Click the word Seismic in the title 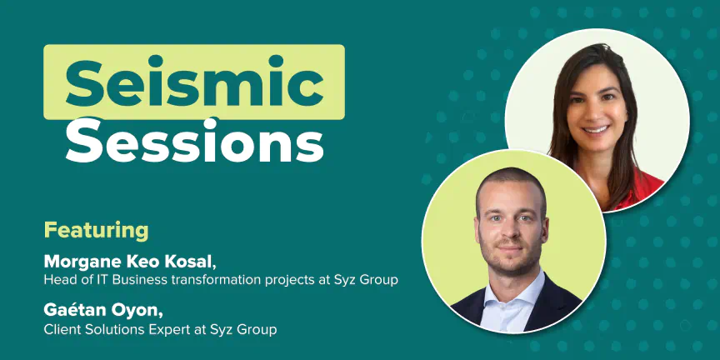click(x=195, y=82)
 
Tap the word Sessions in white click(x=195, y=140)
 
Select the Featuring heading click(x=96, y=231)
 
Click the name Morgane click(x=78, y=262)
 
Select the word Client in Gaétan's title click(x=59, y=329)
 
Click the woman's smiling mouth click(x=596, y=129)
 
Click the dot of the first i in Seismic click(x=156, y=60)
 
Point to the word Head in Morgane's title click(x=56, y=280)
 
